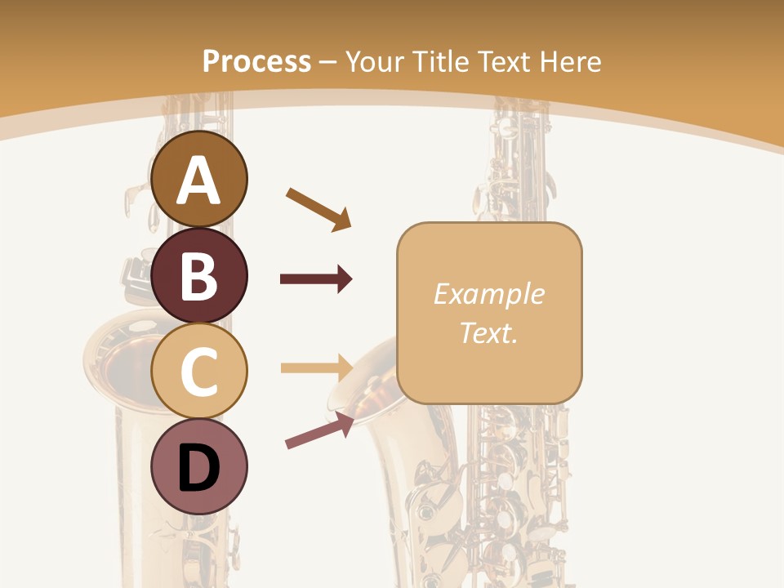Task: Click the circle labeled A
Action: [199, 179]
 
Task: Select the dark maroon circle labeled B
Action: [199, 275]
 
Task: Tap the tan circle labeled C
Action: [199, 372]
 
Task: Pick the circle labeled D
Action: [199, 466]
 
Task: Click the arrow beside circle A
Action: [318, 208]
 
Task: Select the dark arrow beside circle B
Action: [316, 279]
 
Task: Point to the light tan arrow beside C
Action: [316, 367]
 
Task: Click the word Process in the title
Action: [256, 61]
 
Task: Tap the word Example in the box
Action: [488, 294]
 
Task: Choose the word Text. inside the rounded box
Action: [488, 332]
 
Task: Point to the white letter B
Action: [199, 275]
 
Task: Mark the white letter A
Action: [199, 180]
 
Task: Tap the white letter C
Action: [199, 372]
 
